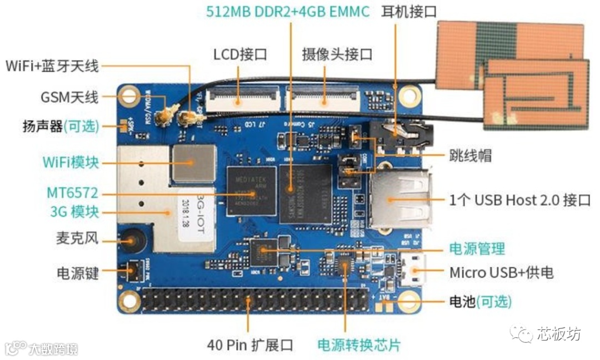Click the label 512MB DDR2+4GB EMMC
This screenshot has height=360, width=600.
[288, 12]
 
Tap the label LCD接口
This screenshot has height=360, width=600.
[240, 54]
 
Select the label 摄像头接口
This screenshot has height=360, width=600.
[337, 54]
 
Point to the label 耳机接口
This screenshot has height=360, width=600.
[409, 12]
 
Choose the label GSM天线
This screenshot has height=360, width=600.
[69, 98]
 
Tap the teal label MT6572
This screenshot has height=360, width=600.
[72, 194]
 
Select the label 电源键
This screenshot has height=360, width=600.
[77, 273]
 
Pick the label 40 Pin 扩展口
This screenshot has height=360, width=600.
[249, 345]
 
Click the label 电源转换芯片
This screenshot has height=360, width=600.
[358, 345]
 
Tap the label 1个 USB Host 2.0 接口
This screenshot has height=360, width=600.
[519, 200]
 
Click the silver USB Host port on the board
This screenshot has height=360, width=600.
[399, 200]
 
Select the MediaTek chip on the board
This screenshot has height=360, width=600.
[251, 191]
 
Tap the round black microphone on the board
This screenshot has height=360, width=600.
[132, 240]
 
